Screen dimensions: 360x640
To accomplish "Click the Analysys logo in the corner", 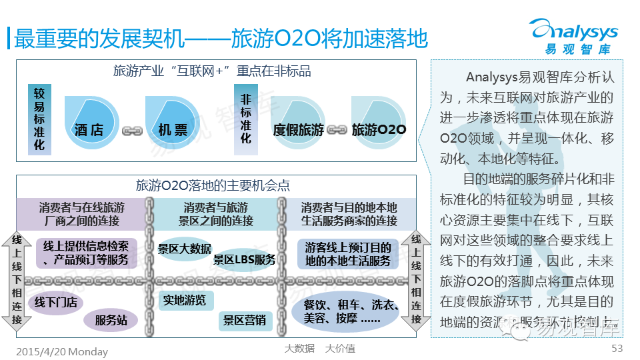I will (x=573, y=37).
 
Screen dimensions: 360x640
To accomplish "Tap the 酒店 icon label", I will (x=89, y=129).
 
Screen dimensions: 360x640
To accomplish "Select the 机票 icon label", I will (x=173, y=129).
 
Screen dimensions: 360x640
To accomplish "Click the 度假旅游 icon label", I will (x=297, y=129).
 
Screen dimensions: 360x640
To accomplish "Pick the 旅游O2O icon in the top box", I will (x=379, y=129).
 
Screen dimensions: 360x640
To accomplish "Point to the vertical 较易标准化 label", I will (x=39, y=119).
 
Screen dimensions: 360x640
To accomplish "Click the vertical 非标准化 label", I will (x=245, y=119).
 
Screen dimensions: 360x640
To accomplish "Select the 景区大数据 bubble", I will (x=185, y=249).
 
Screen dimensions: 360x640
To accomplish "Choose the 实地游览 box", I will (x=185, y=299).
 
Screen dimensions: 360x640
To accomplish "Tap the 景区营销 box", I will (x=244, y=321).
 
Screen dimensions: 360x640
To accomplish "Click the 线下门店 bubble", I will (x=56, y=302).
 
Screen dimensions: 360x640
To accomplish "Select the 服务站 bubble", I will (x=111, y=321).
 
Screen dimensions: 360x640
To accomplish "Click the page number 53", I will (x=617, y=348).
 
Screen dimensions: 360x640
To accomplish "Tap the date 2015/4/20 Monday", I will (x=61, y=351).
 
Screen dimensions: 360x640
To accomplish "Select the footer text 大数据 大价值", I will (x=319, y=348).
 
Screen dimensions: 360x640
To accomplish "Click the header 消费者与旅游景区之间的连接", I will (x=215, y=214).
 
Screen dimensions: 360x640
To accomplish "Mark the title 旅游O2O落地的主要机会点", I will (x=213, y=185).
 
